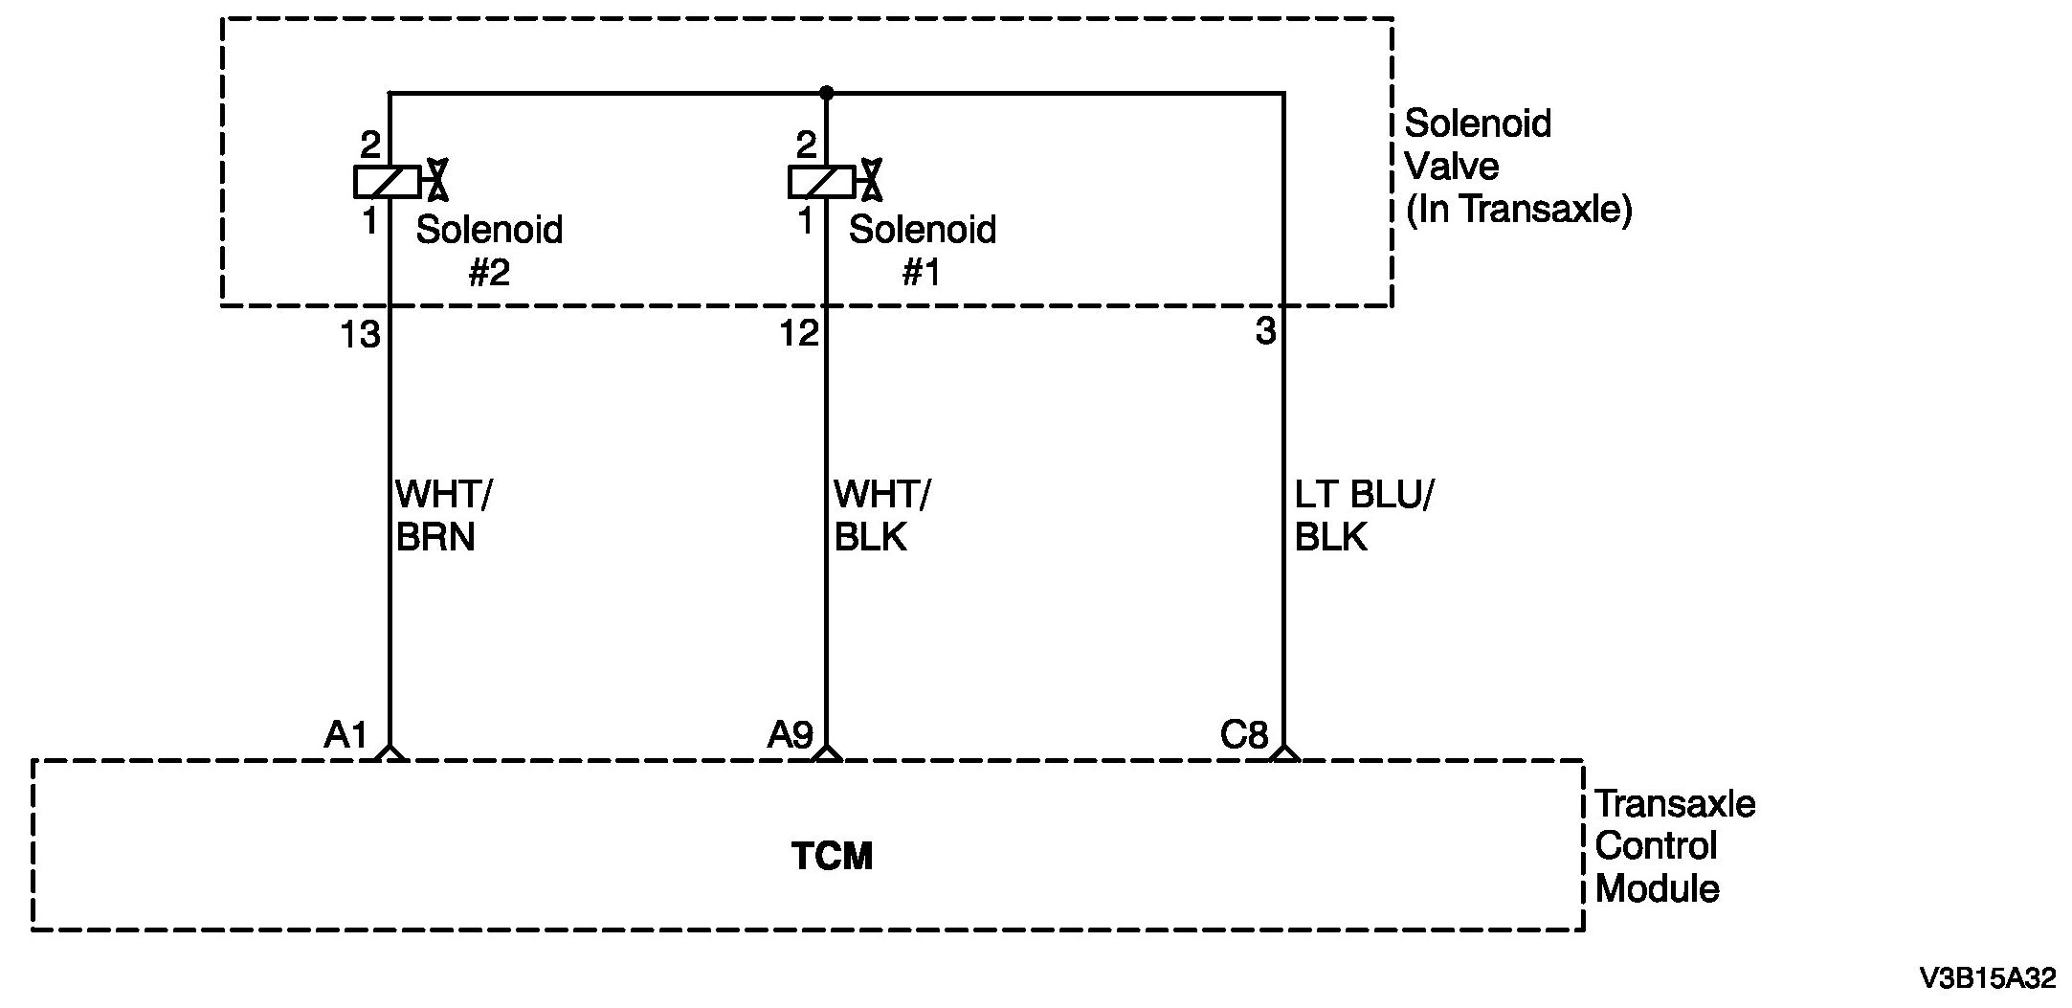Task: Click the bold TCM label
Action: [832, 856]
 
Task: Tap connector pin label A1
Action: [345, 735]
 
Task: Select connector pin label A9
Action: [791, 735]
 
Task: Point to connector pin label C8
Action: [1243, 735]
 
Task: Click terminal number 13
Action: [361, 335]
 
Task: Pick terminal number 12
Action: [799, 334]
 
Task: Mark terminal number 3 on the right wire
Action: [1265, 331]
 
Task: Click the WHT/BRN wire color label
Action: [442, 516]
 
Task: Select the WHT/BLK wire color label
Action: [880, 516]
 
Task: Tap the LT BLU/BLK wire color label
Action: [1364, 516]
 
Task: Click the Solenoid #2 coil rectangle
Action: [387, 181]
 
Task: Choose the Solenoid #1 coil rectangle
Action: [821, 181]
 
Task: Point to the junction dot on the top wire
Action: [827, 93]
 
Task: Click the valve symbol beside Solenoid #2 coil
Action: [437, 180]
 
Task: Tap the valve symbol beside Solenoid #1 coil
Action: [871, 180]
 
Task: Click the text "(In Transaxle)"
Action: [1518, 209]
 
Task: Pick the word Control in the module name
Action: [1656, 846]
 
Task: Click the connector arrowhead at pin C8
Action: [1283, 752]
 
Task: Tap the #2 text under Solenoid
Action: [489, 274]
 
